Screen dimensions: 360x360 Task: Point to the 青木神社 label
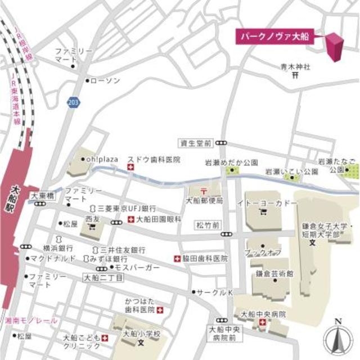tap(296, 67)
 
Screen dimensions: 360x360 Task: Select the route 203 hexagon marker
tap(72, 101)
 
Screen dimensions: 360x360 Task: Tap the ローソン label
tap(105, 81)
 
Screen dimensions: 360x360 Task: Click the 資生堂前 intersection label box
tap(195, 143)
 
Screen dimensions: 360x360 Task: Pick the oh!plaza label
tap(102, 159)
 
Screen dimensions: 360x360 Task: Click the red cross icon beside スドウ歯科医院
tap(130, 168)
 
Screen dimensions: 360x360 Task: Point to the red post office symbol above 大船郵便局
tap(204, 191)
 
